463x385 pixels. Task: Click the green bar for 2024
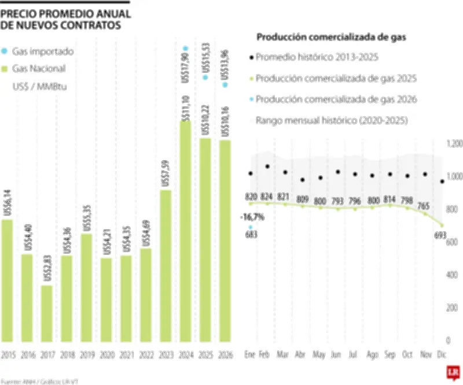(185, 231)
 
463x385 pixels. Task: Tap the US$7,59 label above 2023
(166, 169)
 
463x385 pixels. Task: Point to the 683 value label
(251, 234)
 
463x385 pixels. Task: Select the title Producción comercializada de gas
(331, 38)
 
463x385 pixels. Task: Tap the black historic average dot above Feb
(267, 167)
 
